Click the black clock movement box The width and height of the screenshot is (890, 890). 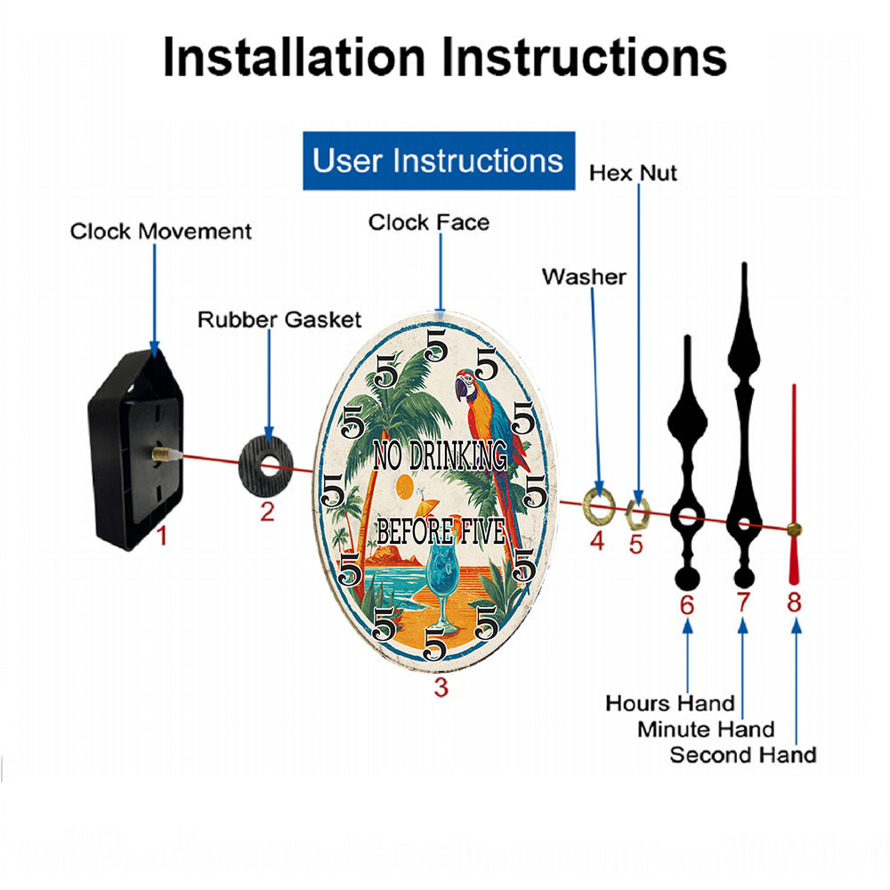135,449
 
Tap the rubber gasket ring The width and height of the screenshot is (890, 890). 266,466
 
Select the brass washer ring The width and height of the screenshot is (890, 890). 599,505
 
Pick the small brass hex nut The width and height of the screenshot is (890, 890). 637,514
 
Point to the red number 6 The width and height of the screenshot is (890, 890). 687,605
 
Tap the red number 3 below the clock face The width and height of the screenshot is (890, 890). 441,687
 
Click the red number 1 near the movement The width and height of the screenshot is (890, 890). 162,536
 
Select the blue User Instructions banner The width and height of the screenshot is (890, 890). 439,160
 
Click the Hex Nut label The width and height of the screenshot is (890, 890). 633,174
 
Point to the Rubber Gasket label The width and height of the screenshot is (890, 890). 279,320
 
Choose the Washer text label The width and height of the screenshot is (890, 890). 584,277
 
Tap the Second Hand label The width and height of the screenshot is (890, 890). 743,755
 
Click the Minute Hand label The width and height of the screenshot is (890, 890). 706,729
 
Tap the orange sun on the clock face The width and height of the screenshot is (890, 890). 405,487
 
